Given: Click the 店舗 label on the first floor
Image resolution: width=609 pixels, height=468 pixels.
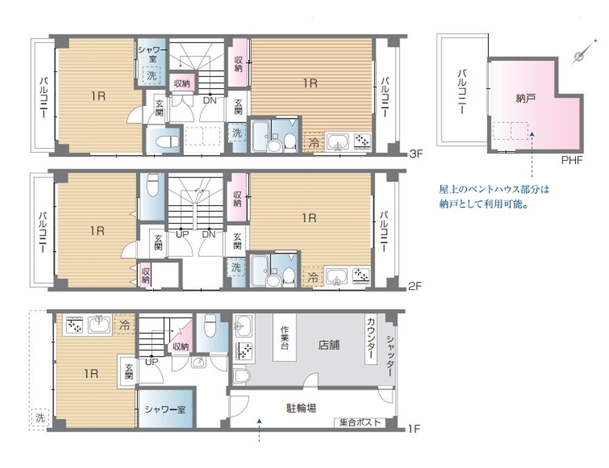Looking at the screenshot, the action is [x=328, y=345].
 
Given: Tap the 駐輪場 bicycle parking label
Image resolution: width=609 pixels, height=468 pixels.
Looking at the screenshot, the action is [x=301, y=408].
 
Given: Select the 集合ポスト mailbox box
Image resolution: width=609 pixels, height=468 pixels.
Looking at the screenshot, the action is [x=360, y=423].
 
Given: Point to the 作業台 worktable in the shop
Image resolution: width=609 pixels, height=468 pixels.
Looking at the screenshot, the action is [x=284, y=338].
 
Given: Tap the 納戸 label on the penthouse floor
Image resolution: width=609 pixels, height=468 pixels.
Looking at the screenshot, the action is [x=525, y=98].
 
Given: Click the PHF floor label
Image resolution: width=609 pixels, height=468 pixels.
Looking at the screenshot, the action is [x=571, y=160].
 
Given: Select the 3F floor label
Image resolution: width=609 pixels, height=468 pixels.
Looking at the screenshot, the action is [x=416, y=153].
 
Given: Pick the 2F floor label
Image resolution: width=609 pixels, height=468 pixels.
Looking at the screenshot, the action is [x=415, y=286].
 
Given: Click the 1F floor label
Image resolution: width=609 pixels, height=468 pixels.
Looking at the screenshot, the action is [x=414, y=429].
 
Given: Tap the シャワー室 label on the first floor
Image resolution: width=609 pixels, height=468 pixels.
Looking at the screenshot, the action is [x=165, y=409].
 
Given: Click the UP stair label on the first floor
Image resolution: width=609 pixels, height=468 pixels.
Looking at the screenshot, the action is [x=151, y=361].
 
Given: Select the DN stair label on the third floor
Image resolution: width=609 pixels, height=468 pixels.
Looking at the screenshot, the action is [x=210, y=100].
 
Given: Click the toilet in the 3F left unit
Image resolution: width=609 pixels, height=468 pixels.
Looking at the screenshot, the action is [x=164, y=142].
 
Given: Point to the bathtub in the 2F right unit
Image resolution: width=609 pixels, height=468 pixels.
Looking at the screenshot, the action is [x=258, y=270].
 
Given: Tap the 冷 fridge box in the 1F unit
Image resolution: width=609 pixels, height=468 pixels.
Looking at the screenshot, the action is [x=124, y=324].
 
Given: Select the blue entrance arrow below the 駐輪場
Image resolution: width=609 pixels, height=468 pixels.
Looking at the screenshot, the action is [x=259, y=430].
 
